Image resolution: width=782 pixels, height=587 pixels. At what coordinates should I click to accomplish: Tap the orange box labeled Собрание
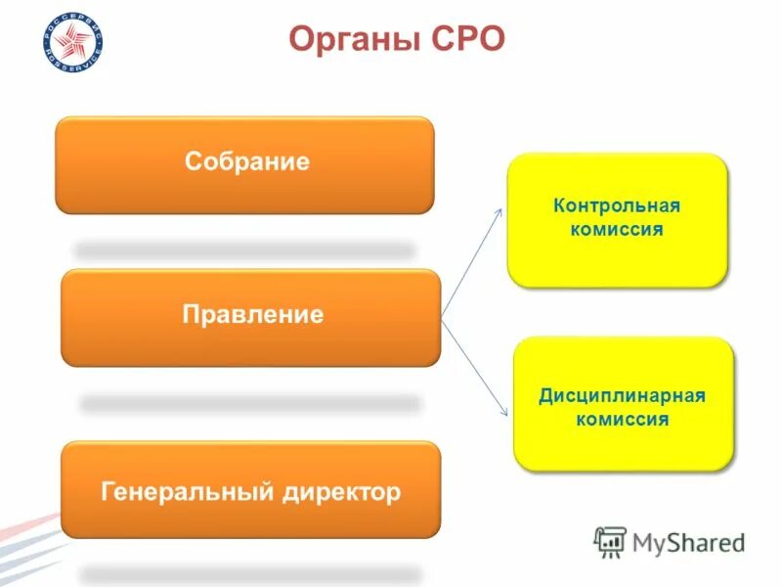pyautogui.click(x=244, y=164)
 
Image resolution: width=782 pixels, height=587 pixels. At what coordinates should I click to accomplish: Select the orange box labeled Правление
pyautogui.click(x=250, y=317)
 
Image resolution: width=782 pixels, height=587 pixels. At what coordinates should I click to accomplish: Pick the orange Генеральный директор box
pyautogui.click(x=250, y=489)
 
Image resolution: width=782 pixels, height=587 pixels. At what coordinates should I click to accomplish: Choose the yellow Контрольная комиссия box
pyautogui.click(x=617, y=219)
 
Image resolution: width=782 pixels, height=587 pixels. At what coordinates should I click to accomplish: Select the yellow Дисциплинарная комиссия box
pyautogui.click(x=623, y=403)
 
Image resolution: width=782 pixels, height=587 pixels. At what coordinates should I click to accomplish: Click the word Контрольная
pyautogui.click(x=617, y=206)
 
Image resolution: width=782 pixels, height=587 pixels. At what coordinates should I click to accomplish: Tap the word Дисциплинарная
pyautogui.click(x=623, y=396)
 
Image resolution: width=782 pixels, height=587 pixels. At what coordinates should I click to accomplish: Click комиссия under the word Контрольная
pyautogui.click(x=617, y=231)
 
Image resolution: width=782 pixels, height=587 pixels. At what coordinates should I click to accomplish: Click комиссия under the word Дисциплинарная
pyautogui.click(x=623, y=421)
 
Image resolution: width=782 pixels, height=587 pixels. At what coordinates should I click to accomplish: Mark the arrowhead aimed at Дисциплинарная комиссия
pyautogui.click(x=503, y=414)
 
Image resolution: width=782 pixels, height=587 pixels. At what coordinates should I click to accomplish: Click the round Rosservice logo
pyautogui.click(x=72, y=45)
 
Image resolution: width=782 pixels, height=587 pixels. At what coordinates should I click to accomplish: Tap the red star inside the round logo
pyautogui.click(x=72, y=45)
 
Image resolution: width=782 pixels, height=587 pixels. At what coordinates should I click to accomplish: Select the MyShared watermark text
pyautogui.click(x=688, y=541)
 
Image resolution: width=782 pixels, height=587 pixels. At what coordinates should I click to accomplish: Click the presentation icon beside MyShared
pyautogui.click(x=610, y=541)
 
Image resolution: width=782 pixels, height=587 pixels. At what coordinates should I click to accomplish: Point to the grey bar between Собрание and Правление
pyautogui.click(x=244, y=251)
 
